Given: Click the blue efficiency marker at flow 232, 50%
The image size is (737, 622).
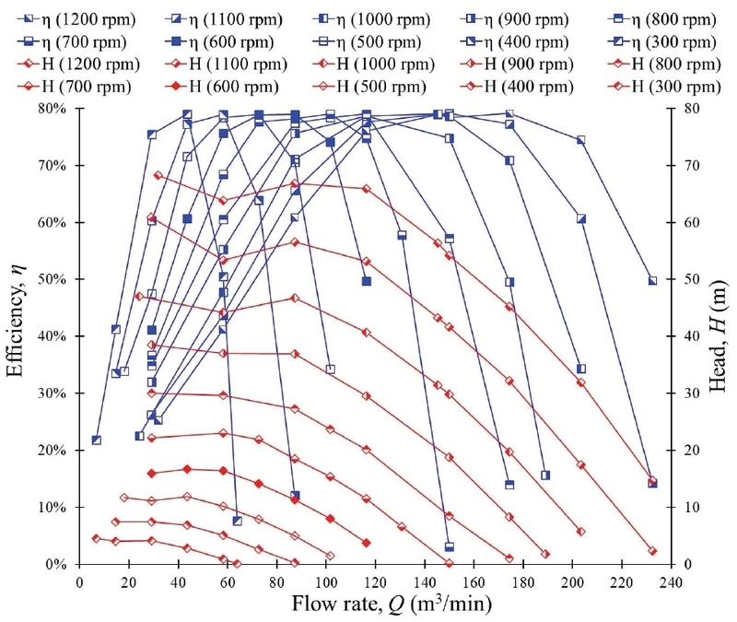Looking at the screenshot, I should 652,280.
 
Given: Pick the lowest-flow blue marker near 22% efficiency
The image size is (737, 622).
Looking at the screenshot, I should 97,440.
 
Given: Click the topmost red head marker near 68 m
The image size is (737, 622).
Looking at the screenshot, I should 158,175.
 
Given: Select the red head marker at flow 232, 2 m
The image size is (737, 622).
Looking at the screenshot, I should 652,551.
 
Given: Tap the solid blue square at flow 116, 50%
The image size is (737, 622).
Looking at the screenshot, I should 367,281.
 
